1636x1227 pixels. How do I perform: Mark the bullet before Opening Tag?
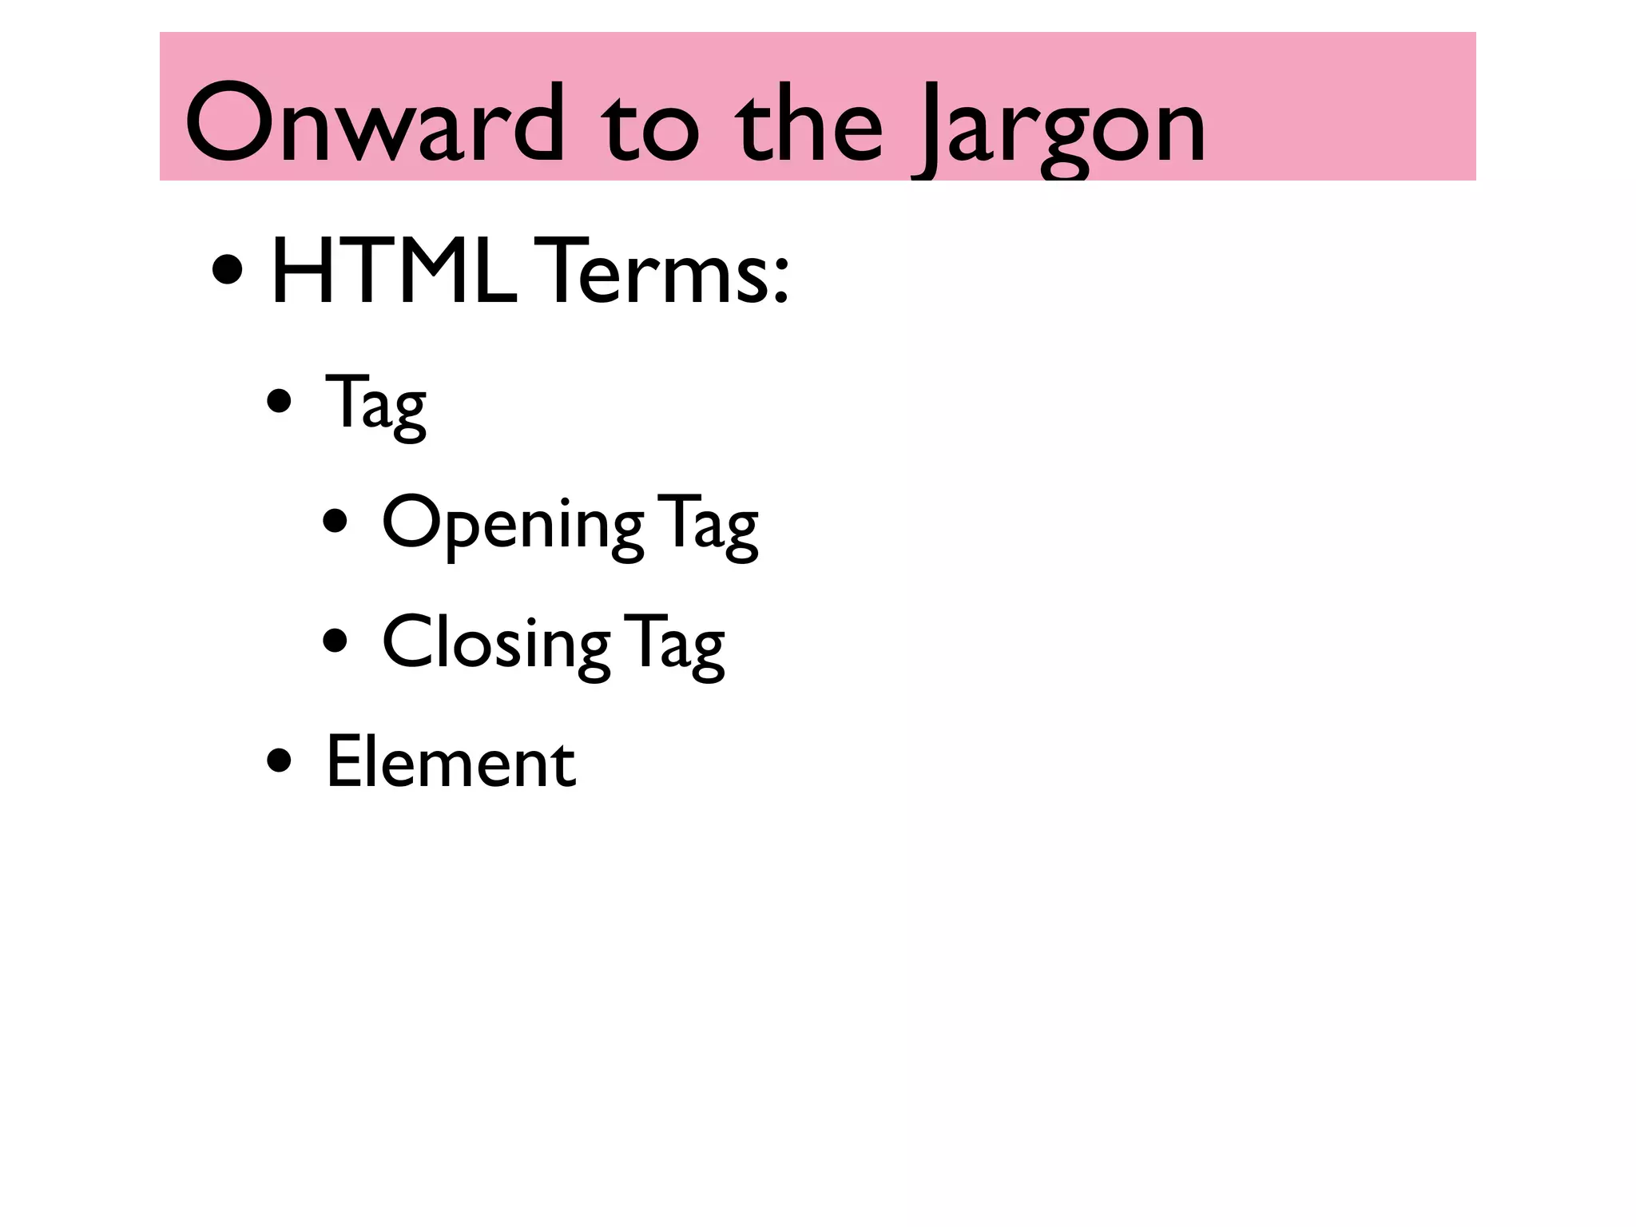click(x=336, y=522)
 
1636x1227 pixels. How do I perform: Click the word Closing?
click(x=495, y=644)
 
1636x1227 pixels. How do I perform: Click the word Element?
click(x=451, y=762)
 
